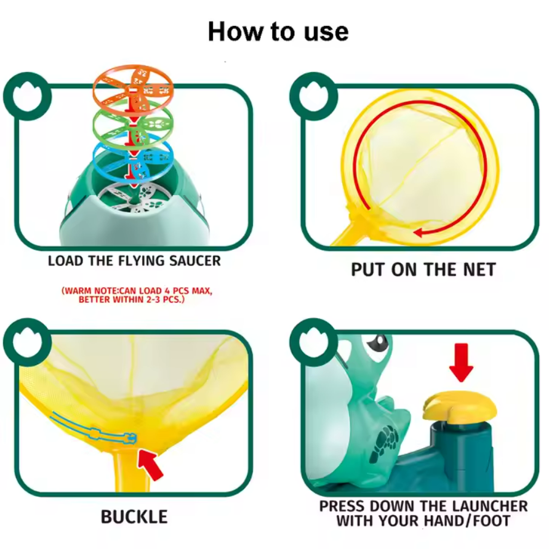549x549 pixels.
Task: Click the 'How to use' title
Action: pos(278,32)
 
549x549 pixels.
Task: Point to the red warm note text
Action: pos(137,295)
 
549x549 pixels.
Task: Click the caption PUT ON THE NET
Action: pos(423,270)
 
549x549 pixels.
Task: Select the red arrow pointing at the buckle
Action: pos(150,464)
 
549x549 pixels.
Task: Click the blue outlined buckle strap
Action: pos(93,430)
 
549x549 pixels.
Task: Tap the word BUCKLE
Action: pos(134,517)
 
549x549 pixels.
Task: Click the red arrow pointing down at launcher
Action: pos(461,363)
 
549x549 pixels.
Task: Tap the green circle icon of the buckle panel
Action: pos(27,342)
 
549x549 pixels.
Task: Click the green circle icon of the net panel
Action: pos(314,96)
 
